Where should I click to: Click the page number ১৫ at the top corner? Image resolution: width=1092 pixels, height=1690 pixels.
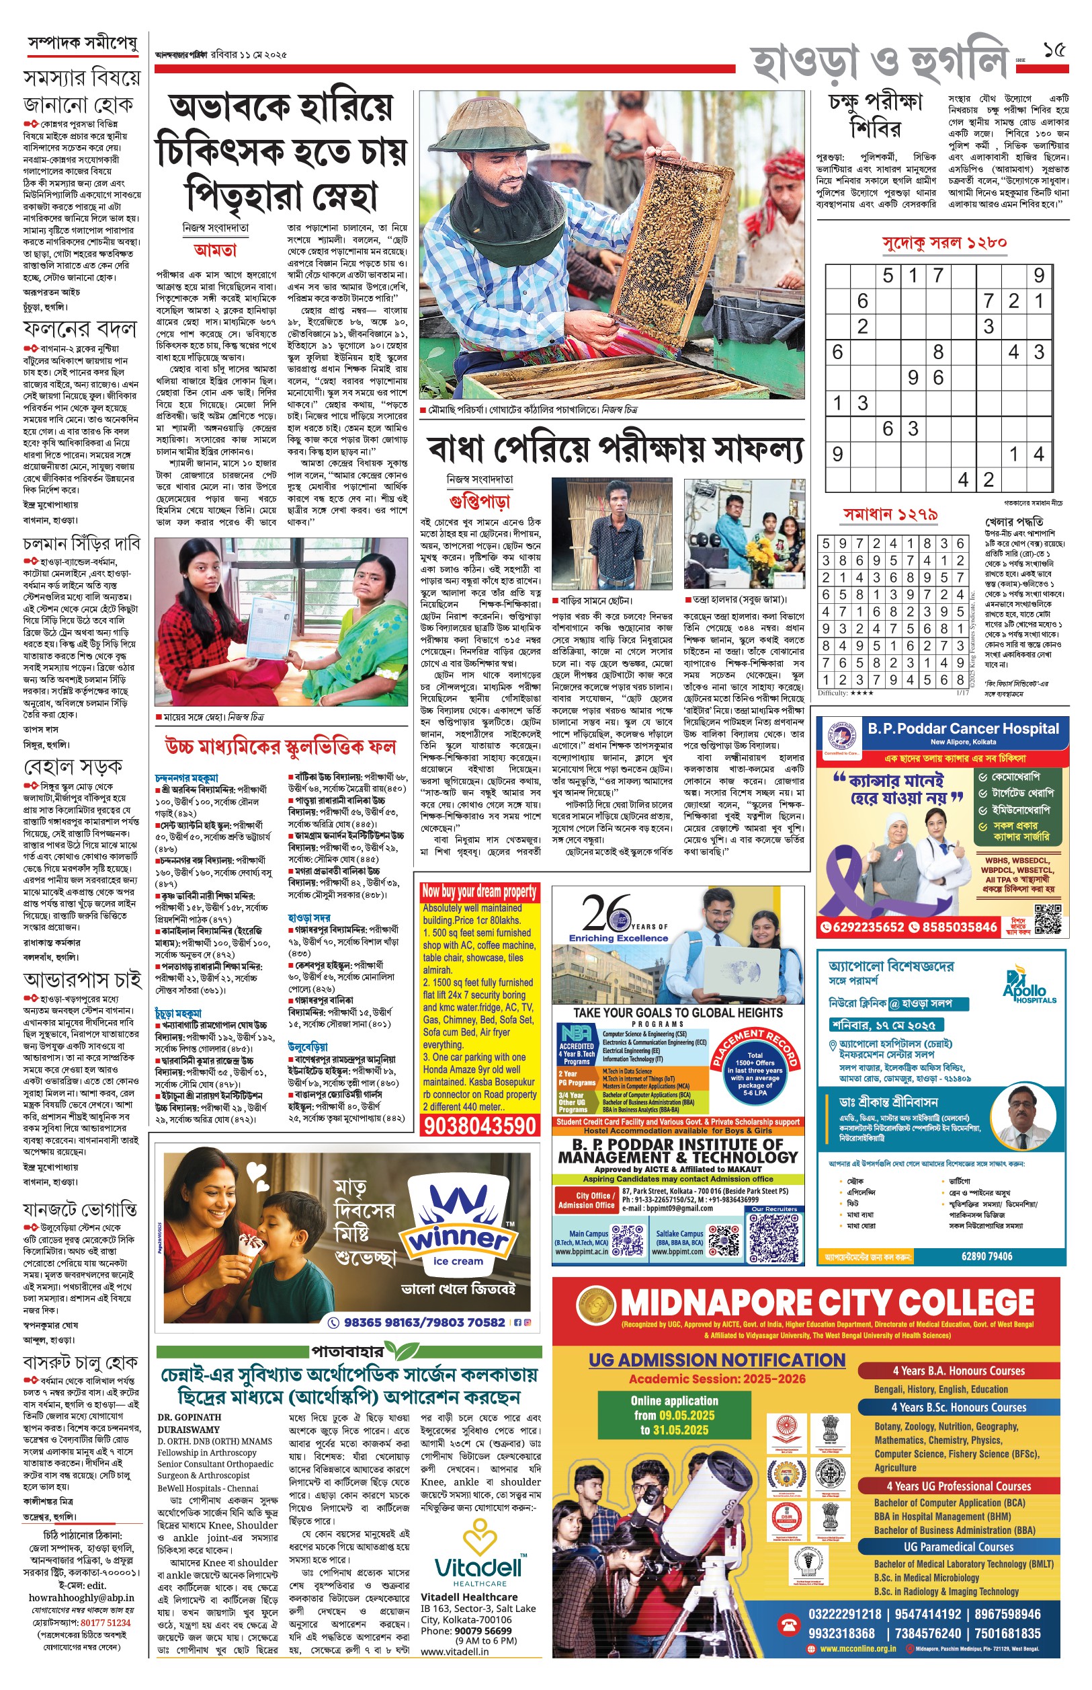click(1054, 51)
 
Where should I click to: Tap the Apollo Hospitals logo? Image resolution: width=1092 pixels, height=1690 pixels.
click(1028, 986)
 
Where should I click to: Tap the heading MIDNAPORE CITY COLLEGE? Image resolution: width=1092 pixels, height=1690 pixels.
click(827, 1303)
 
